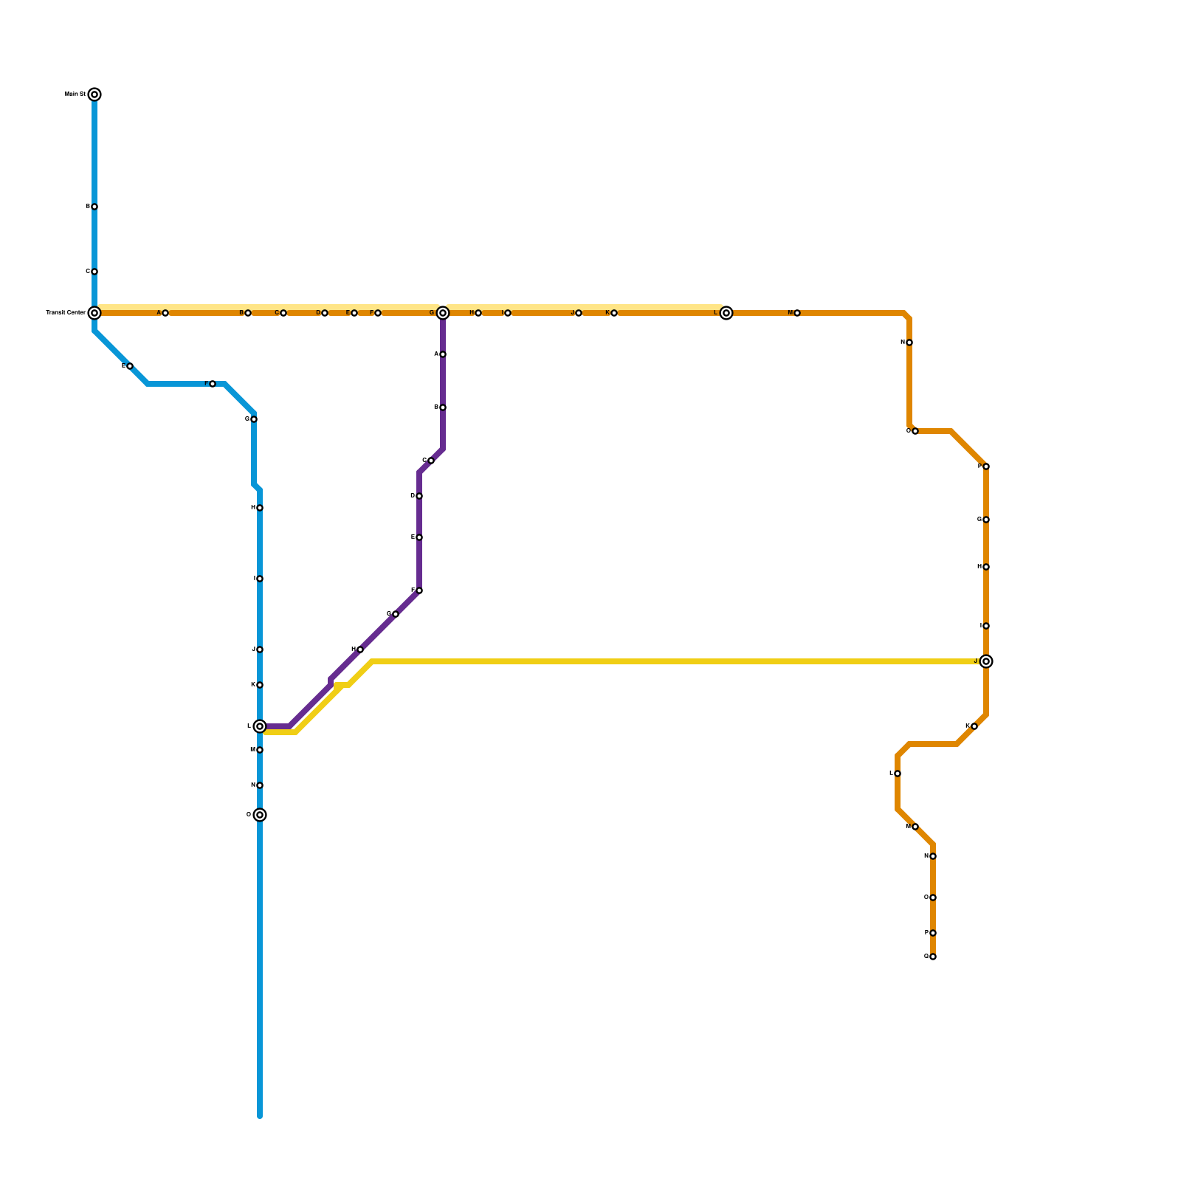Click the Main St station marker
tap(94, 94)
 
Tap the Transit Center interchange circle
tap(94, 313)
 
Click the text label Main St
tap(75, 94)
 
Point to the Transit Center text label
tap(66, 313)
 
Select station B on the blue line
tap(94, 207)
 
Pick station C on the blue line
tap(94, 272)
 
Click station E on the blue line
tap(130, 366)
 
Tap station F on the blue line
tap(213, 384)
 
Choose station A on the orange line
tap(165, 313)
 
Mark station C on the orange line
tap(283, 313)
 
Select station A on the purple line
tap(443, 354)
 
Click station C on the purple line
tap(431, 461)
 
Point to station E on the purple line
tap(419, 537)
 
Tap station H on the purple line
tap(360, 650)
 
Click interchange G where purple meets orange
tap(443, 313)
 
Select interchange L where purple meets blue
tap(260, 726)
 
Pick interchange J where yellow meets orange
tap(986, 661)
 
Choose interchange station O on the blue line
tap(260, 815)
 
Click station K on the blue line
tap(260, 685)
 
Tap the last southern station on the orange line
tap(933, 957)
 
